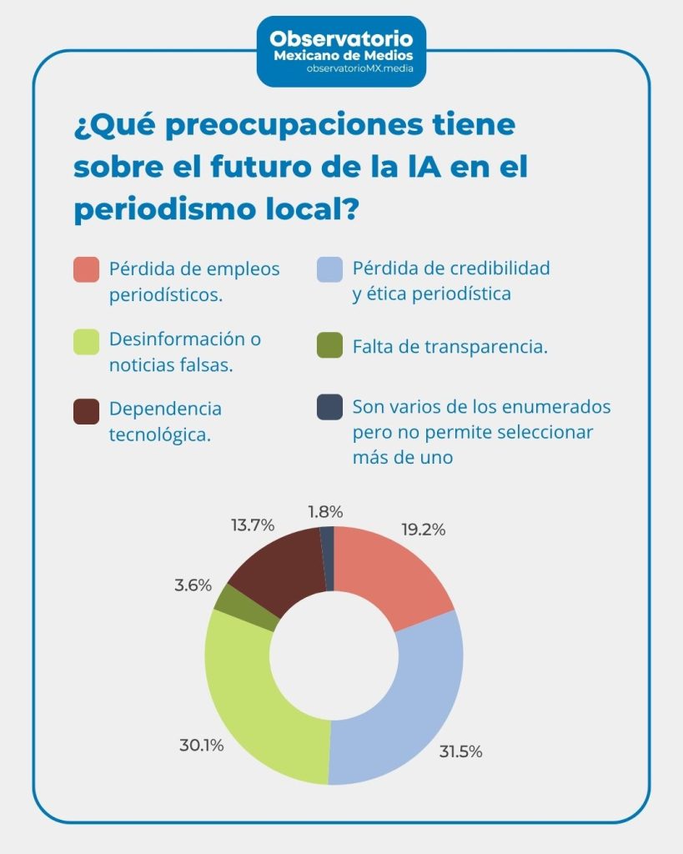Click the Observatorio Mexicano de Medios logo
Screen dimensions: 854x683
coord(341,49)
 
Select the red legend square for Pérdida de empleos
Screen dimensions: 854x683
coord(87,269)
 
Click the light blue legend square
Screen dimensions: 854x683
coord(329,269)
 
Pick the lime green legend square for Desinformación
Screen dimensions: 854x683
coord(87,341)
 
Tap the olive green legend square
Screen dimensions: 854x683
coord(329,345)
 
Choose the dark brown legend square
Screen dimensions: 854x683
coord(87,411)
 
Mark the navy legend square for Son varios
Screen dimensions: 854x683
coord(329,407)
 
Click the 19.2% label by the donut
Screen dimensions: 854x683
coord(422,530)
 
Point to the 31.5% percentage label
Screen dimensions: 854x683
coord(460,751)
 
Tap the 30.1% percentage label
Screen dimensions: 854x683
coord(201,746)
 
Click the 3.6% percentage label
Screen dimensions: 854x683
coord(193,585)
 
